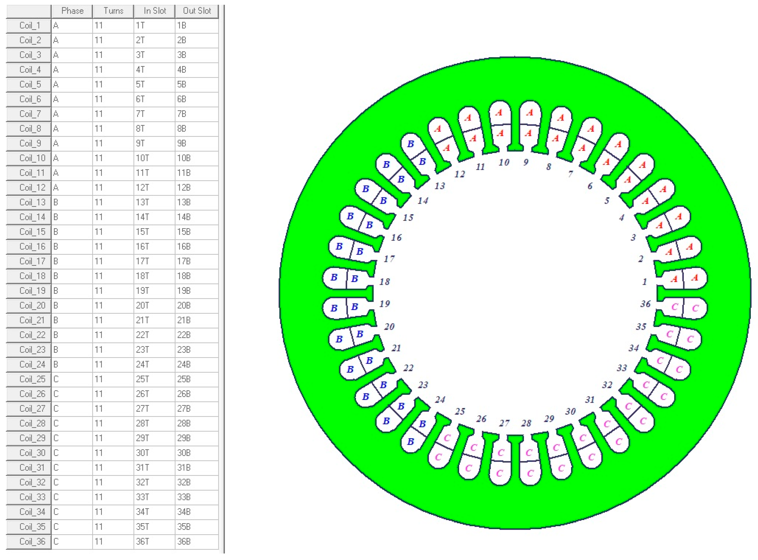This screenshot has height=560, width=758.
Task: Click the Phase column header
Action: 72,11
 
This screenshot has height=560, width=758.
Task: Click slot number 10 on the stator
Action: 504,162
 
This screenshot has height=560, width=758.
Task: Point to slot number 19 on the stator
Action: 384,304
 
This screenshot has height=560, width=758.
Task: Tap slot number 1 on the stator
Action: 644,282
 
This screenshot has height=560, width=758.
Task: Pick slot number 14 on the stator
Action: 423,201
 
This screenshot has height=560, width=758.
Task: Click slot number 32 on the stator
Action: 607,385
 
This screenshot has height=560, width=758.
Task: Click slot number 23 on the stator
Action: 423,385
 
